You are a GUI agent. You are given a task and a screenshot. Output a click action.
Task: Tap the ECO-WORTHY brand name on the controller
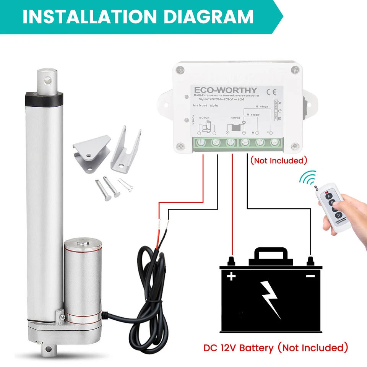tap(226, 90)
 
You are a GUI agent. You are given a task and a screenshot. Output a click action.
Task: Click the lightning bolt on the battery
tap(271, 298)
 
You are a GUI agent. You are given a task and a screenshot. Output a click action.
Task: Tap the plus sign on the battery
tap(231, 276)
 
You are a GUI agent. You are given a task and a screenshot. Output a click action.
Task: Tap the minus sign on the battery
tap(310, 276)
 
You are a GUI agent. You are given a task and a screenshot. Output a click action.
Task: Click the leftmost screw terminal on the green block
tap(201, 143)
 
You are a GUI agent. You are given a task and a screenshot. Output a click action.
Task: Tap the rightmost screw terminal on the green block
tap(274, 143)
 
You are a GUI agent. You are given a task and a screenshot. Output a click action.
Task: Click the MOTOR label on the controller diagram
tap(204, 119)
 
